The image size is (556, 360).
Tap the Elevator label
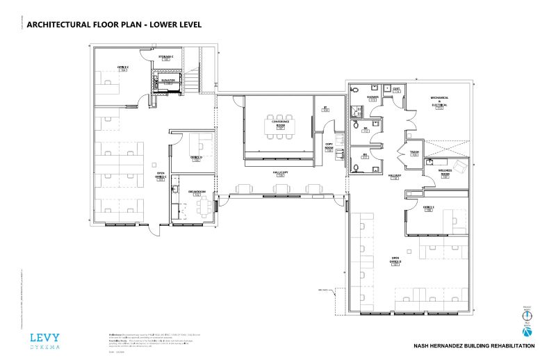[167, 81]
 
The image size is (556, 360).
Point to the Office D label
[197, 158]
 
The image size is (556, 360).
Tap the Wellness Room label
[445, 172]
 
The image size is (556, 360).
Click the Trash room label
[414, 152]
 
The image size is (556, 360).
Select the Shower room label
[373, 99]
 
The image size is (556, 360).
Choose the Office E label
[428, 208]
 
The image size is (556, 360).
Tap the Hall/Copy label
[280, 172]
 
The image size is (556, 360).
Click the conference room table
[281, 126]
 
